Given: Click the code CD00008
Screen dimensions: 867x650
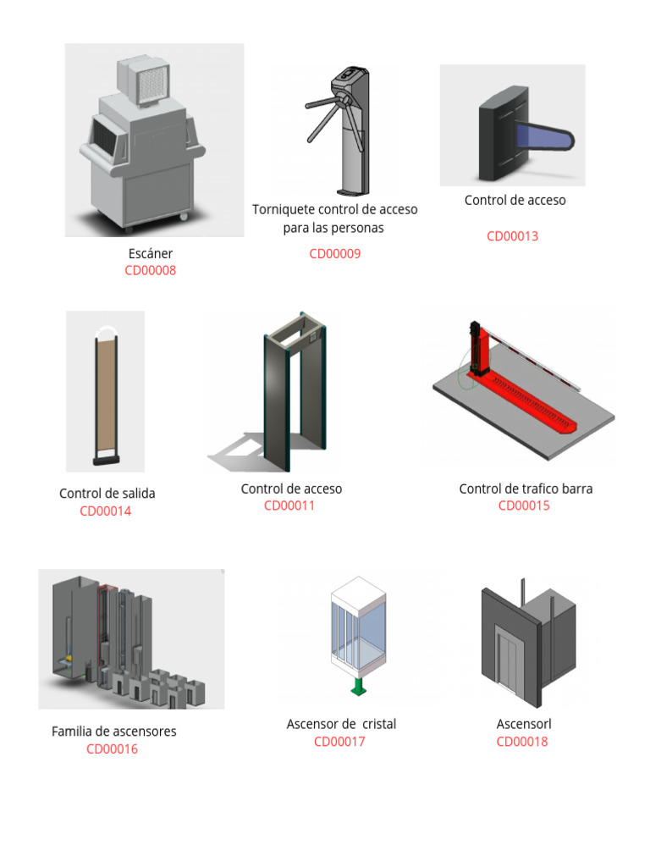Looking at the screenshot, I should [x=151, y=271].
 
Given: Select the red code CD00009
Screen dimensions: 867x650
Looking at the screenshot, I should [x=335, y=254].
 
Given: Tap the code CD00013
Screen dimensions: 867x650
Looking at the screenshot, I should [x=512, y=236].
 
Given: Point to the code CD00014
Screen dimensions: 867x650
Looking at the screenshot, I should [x=106, y=511].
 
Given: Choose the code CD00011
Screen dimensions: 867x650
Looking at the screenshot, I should [x=289, y=506].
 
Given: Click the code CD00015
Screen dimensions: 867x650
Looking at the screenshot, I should [x=524, y=506].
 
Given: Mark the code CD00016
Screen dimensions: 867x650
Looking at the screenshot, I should [x=112, y=749].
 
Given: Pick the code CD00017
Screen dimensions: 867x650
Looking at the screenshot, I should [x=339, y=743].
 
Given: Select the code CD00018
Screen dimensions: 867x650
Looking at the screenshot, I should [x=522, y=743].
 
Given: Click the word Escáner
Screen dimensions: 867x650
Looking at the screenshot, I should [x=151, y=253].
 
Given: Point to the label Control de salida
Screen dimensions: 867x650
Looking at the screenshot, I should [x=107, y=494].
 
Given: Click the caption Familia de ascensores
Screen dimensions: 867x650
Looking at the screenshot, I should [x=114, y=732].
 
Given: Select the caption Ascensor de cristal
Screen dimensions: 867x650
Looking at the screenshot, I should [x=341, y=725].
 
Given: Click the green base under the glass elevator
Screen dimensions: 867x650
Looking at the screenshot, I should [x=359, y=687].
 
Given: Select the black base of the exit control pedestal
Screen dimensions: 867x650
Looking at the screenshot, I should [x=105, y=461].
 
